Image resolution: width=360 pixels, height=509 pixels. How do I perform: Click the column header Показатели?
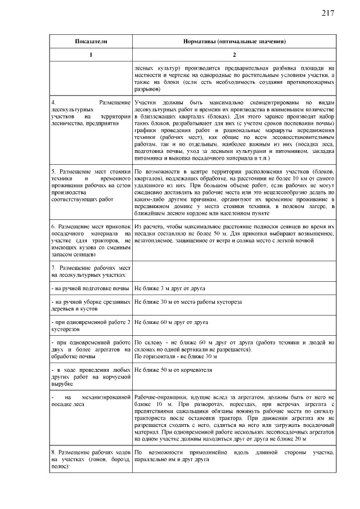(x=91, y=42)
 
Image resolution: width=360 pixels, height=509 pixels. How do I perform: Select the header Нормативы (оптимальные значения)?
(x=235, y=42)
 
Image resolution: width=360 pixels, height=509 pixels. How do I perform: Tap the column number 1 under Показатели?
(x=91, y=55)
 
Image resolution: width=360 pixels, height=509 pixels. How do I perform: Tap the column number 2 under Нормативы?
(x=235, y=55)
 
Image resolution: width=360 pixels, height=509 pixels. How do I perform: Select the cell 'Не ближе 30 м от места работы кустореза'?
(x=188, y=302)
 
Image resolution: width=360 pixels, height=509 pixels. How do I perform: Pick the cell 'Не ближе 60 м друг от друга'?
(x=172, y=322)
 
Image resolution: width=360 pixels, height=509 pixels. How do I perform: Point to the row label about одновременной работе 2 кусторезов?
(x=91, y=326)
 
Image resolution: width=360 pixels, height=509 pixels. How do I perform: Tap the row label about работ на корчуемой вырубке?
(x=91, y=376)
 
